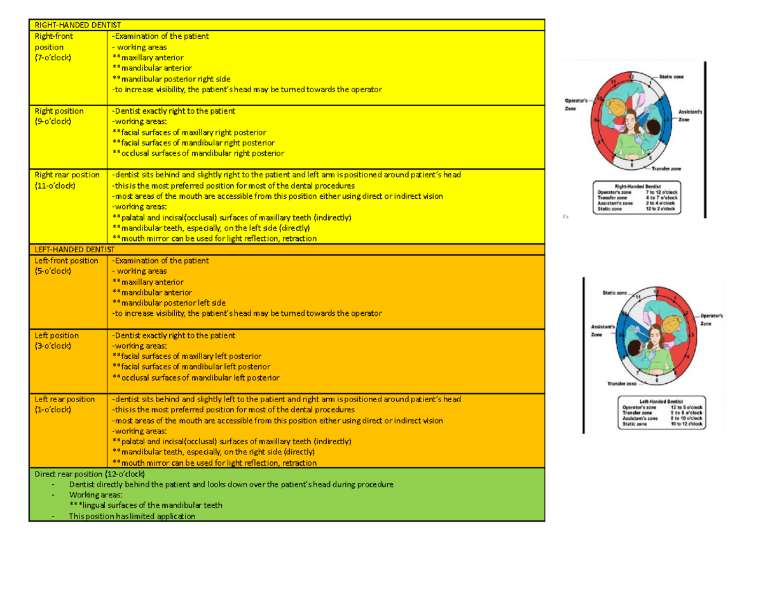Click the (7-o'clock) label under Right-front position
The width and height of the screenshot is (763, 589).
53,58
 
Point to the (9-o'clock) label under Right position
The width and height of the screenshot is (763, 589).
53,121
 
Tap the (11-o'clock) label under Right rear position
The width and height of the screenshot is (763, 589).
55,186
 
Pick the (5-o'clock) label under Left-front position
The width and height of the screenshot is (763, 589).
53,271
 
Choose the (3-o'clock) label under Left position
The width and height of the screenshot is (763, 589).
53,346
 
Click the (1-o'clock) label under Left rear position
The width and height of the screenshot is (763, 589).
53,410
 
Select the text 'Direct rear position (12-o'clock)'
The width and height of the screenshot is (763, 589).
90,474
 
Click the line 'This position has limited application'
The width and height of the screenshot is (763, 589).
132,517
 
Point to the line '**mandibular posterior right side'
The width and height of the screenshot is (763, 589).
171,79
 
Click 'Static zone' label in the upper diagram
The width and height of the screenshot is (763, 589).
672,77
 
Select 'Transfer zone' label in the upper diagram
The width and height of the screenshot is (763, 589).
666,169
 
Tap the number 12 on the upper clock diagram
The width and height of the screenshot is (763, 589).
631,76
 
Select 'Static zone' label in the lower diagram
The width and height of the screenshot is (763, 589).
614,293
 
